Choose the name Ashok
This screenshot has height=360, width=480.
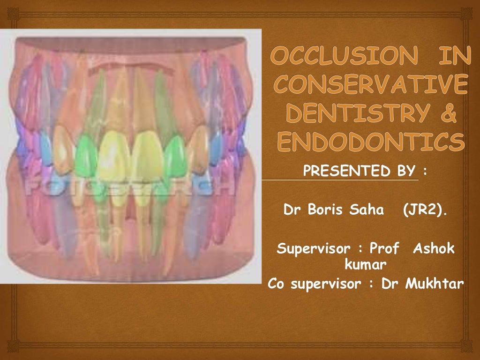[434, 248]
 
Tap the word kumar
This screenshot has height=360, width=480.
[366, 265]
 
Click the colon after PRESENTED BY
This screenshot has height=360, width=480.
[425, 172]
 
